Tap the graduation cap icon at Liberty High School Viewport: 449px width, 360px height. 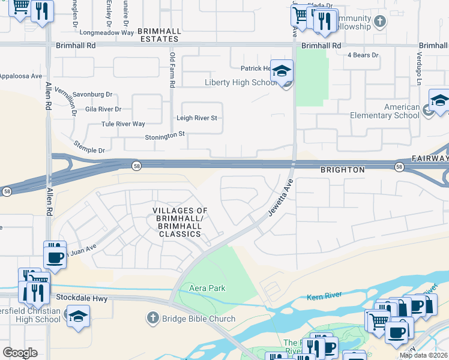pos(282,72)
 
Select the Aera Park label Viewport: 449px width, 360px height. pos(207,288)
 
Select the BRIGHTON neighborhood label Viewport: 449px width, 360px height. pos(342,170)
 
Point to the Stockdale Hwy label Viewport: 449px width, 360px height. pos(81,297)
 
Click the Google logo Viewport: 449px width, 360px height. pos(20,352)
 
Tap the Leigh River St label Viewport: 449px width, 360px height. pos(196,118)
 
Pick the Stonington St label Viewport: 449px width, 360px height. pos(164,137)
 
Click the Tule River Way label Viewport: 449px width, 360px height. pos(123,124)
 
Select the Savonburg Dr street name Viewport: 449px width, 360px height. pos(92,94)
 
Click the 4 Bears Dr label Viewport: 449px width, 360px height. pos(363,55)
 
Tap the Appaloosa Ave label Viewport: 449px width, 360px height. pos(21,76)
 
